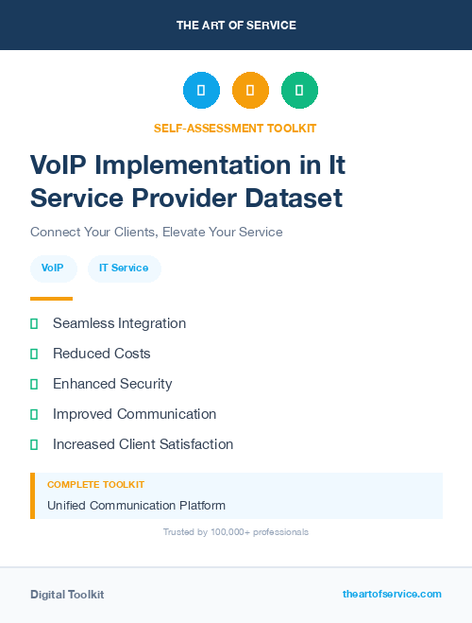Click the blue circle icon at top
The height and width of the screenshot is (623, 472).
coord(201,91)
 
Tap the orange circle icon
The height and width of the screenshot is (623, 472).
coord(250,91)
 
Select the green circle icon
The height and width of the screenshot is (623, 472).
coord(299,91)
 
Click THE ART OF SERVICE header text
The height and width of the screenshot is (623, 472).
coord(236,26)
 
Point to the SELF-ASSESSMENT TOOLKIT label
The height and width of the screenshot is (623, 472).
coord(235,128)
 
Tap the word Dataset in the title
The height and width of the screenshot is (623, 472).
coord(290,199)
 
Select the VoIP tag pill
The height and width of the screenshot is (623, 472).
coord(53,268)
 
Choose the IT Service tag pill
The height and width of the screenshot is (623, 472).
coord(124,268)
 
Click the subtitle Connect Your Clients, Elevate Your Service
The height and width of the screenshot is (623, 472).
coord(157,232)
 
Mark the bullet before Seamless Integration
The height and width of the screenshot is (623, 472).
coord(34,323)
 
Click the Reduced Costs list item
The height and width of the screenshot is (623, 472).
coord(102,354)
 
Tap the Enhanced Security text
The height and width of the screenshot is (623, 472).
coord(112,384)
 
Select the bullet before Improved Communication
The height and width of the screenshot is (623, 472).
coord(34,414)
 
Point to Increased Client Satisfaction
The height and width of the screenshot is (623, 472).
coord(143,444)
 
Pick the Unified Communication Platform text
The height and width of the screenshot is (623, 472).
coord(137,505)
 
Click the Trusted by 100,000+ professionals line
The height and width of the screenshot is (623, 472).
coord(236,532)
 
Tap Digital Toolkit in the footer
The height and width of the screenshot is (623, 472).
coord(67,595)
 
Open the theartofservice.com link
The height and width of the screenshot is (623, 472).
coord(392,594)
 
